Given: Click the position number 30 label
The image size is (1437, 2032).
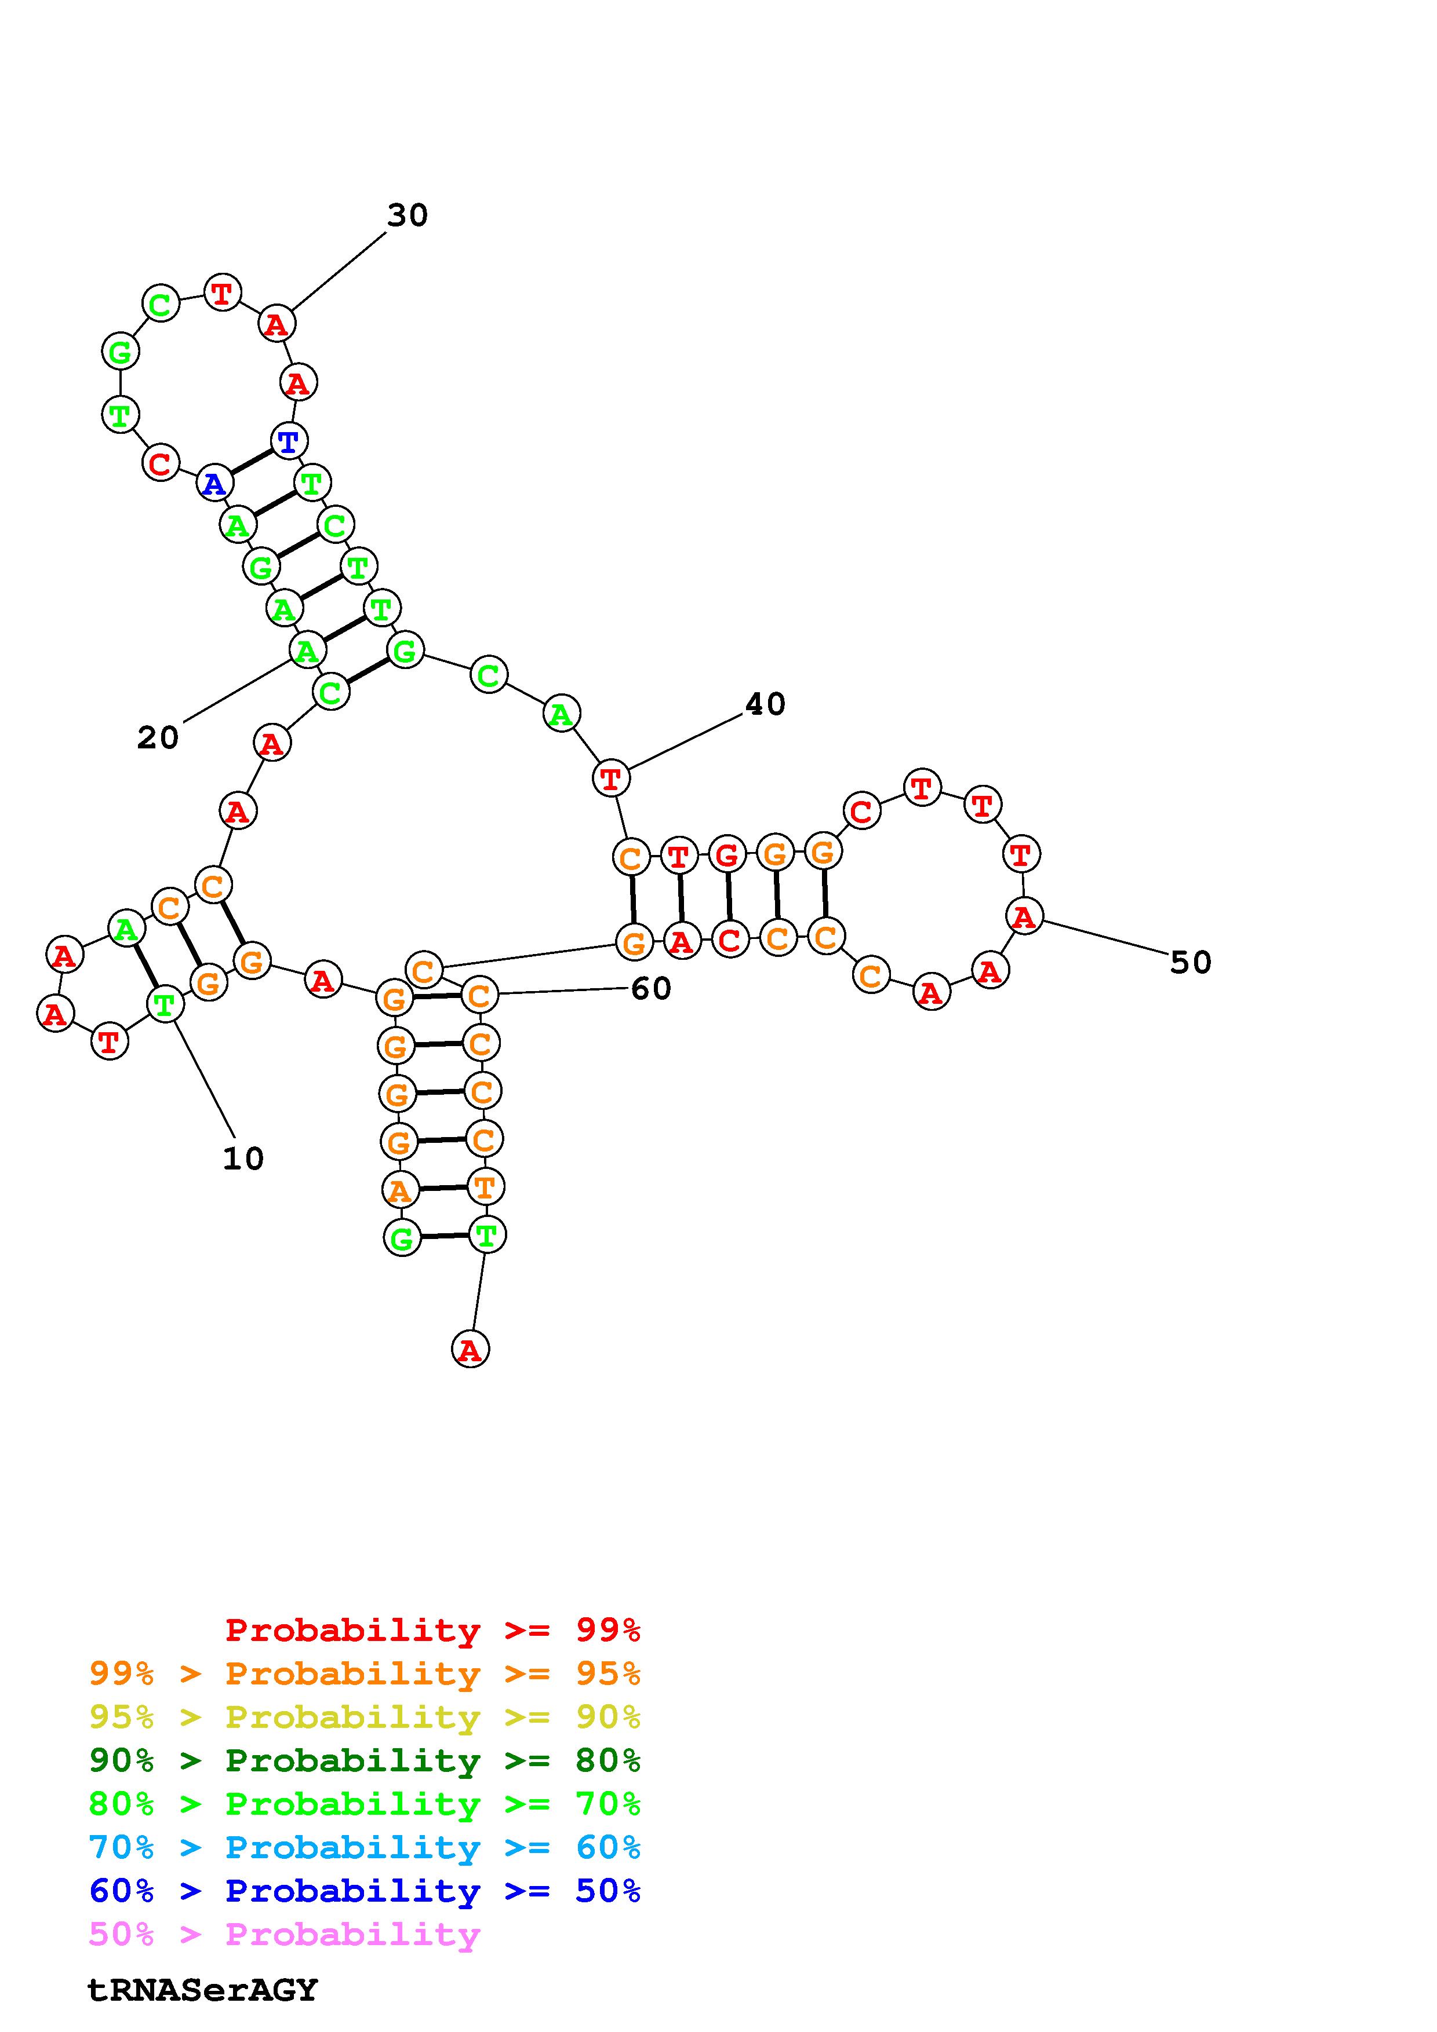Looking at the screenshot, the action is (408, 215).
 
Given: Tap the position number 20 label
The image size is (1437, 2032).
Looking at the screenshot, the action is (158, 737).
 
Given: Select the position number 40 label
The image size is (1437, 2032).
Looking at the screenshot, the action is (765, 704).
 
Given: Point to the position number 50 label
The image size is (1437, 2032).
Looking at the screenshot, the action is (1190, 962).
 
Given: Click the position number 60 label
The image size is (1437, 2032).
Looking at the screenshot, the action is (651, 989).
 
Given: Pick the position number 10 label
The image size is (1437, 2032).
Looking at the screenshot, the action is (243, 1158).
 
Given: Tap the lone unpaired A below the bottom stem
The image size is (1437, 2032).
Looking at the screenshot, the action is (470, 1350).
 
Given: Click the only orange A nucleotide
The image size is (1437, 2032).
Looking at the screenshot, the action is (400, 1190).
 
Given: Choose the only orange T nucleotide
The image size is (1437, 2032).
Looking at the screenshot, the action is (484, 1187).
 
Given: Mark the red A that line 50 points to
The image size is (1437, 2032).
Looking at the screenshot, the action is (1024, 915).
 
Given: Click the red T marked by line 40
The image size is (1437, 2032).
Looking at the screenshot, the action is (610, 779).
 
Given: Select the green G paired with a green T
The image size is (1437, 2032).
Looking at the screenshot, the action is (402, 1237).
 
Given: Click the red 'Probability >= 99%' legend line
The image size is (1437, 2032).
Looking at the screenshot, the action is (432, 1630).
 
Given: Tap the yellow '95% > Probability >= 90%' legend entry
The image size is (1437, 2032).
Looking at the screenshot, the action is (365, 1718).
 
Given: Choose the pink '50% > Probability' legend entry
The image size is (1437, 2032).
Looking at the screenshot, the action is (284, 1935).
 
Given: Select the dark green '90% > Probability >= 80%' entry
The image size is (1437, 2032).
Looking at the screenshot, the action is (365, 1761).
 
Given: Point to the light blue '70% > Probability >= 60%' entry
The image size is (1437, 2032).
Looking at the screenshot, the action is (365, 1848).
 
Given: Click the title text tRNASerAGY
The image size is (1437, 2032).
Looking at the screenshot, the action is (202, 1990).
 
